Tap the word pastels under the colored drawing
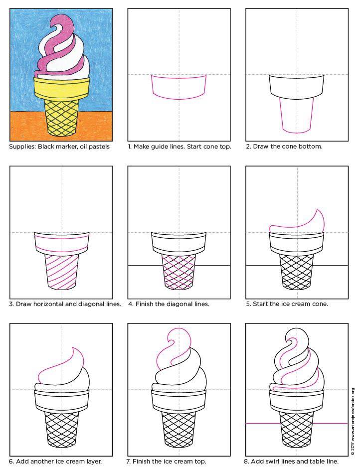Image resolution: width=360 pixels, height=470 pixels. pos(99,147)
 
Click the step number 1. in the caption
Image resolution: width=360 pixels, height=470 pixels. pos(130,147)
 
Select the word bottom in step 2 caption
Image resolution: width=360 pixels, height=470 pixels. pos(312,147)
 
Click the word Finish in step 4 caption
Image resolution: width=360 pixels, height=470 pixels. pos(145,304)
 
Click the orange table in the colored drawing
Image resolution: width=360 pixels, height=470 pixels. pos(61,126)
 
